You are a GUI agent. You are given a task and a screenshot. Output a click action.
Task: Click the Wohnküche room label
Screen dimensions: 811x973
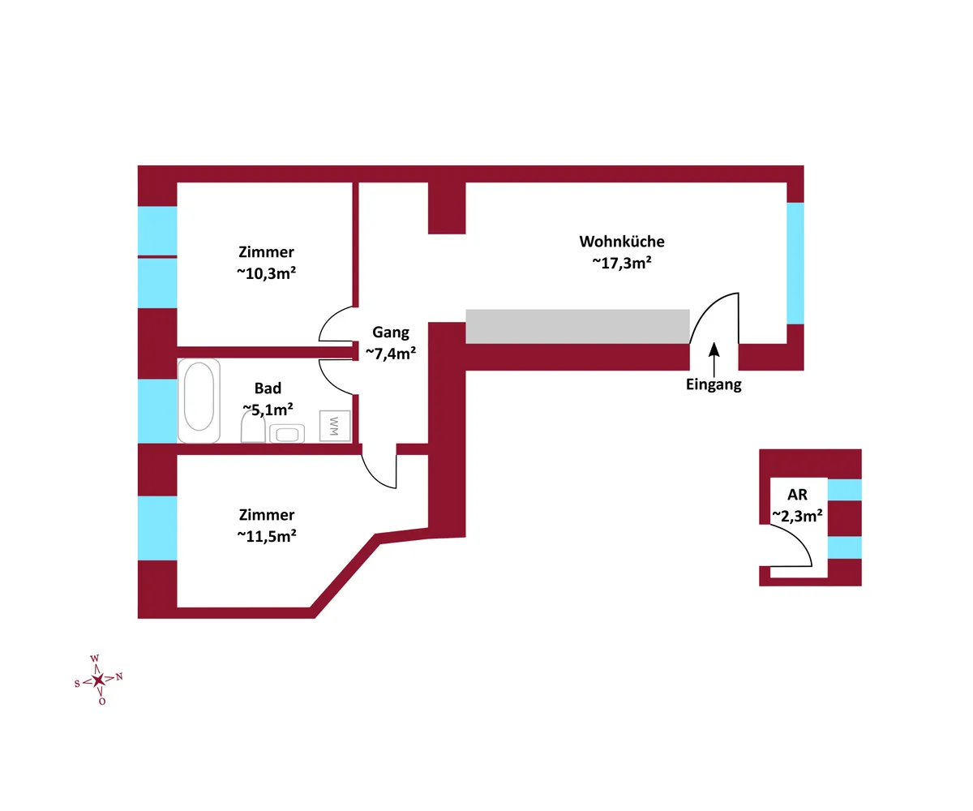click(x=622, y=242)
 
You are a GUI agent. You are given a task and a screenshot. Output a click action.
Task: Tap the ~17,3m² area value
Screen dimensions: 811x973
click(x=622, y=263)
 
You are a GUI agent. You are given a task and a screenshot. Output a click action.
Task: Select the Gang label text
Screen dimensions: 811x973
click(x=391, y=332)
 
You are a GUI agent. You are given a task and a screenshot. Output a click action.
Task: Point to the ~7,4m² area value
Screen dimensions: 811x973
click(x=391, y=353)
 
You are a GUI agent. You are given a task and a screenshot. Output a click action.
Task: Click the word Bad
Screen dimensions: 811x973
click(x=268, y=388)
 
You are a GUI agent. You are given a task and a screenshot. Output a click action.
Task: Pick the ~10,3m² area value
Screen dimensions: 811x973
click(x=266, y=273)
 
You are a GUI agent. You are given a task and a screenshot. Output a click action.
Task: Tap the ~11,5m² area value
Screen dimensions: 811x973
click(x=266, y=536)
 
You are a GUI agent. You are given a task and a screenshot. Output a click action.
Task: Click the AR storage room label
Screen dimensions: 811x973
click(x=798, y=494)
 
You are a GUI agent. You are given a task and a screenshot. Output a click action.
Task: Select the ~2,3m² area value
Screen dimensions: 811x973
click(x=797, y=515)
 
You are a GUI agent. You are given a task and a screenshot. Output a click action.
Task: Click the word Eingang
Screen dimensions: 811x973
click(x=714, y=385)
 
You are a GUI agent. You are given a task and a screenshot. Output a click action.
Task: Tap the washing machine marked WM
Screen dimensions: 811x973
click(x=335, y=425)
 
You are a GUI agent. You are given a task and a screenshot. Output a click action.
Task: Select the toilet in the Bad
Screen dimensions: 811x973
click(x=253, y=427)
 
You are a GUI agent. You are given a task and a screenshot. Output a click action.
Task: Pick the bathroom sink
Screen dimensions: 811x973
click(x=287, y=433)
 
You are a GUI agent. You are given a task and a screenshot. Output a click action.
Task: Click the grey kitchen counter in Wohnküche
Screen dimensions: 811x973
click(x=577, y=326)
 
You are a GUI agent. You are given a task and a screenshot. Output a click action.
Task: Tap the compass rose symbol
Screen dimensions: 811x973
click(x=98, y=680)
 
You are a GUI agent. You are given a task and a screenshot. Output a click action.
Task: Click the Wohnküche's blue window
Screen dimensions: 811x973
click(x=795, y=263)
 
